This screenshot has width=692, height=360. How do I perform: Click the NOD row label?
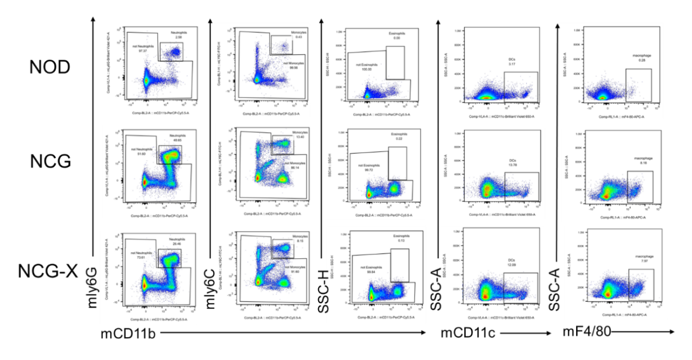50,67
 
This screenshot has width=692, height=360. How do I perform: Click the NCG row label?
50,162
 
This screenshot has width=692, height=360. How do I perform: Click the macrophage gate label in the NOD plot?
635,55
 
